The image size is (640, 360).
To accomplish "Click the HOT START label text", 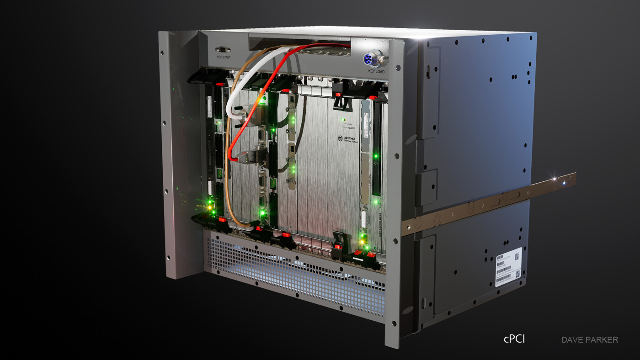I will click(x=223, y=57).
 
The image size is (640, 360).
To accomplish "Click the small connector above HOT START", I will click(x=223, y=49).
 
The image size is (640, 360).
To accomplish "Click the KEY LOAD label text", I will click(x=376, y=71).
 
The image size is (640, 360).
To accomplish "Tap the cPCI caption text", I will click(x=514, y=339).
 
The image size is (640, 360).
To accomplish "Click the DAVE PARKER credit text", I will click(x=589, y=339).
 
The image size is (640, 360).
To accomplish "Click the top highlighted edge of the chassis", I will click(x=366, y=32).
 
